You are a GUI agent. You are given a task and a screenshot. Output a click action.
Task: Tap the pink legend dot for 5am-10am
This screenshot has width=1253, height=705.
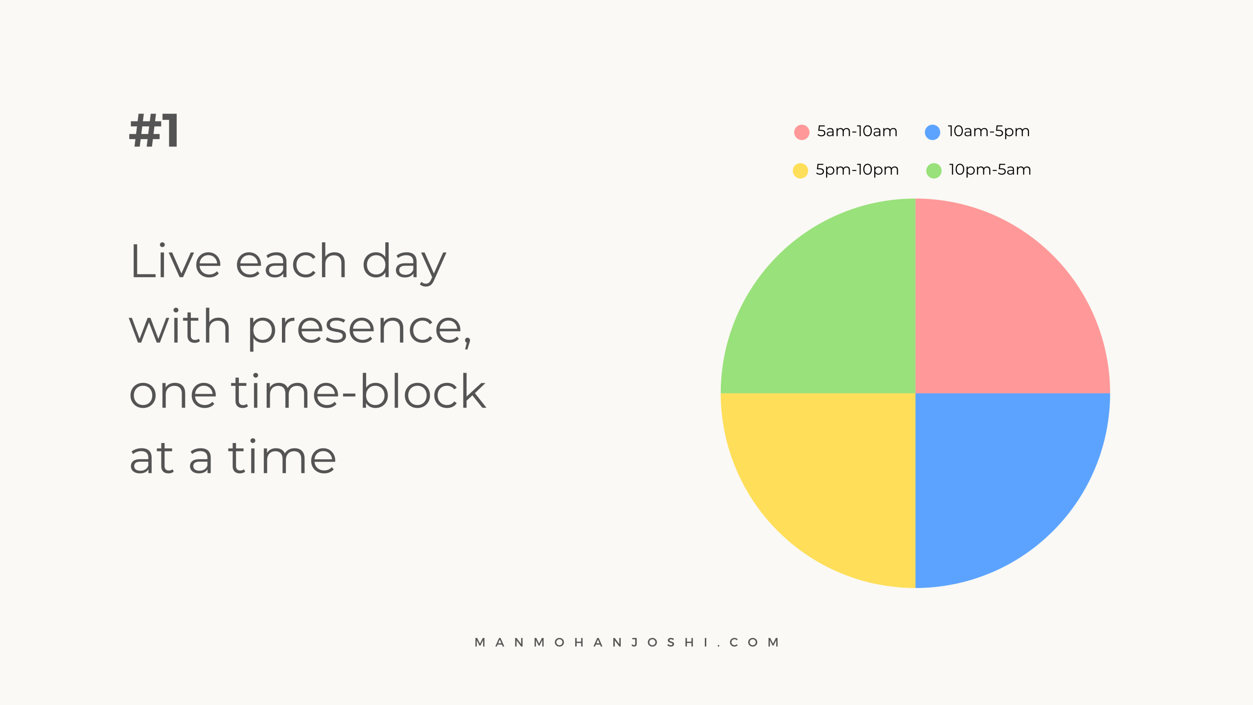(x=801, y=132)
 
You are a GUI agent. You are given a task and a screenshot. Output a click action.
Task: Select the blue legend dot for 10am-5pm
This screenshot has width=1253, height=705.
(x=932, y=132)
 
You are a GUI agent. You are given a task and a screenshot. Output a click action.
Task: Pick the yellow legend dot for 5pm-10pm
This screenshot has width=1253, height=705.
(x=800, y=171)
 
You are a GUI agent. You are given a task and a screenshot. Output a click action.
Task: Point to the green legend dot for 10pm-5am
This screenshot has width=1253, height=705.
(x=934, y=171)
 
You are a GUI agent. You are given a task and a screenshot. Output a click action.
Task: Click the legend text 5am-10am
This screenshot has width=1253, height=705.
(x=857, y=131)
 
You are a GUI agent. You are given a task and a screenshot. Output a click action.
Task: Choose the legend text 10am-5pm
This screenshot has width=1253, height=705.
(x=989, y=132)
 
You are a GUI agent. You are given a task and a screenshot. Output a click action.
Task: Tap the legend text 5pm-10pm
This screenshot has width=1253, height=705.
(x=857, y=170)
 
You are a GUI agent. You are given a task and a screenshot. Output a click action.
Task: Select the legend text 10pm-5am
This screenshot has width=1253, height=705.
(x=990, y=170)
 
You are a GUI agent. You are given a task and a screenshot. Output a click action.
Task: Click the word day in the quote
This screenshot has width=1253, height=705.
(x=404, y=263)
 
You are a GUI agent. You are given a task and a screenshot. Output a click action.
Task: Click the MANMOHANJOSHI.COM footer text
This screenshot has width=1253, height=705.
(x=627, y=642)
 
